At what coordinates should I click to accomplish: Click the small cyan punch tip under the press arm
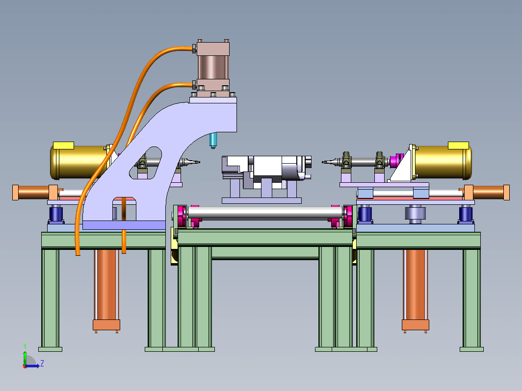[x=213, y=140]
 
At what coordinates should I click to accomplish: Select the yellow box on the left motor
[x=64, y=146]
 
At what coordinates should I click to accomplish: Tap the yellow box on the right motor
[x=458, y=146]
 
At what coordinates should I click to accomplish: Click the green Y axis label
[x=25, y=346]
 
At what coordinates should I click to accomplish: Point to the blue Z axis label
[x=42, y=363]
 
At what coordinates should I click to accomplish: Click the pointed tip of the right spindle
[x=323, y=162]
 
